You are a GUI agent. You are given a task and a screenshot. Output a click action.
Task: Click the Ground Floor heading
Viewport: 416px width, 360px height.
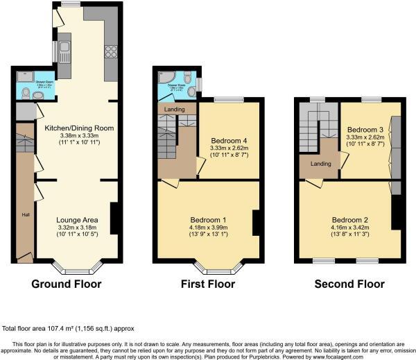click(x=67, y=284)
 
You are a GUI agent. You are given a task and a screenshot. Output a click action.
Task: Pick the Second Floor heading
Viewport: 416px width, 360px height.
click(x=349, y=284)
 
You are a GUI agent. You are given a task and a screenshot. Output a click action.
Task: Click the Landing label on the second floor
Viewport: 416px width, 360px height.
click(x=320, y=164)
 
